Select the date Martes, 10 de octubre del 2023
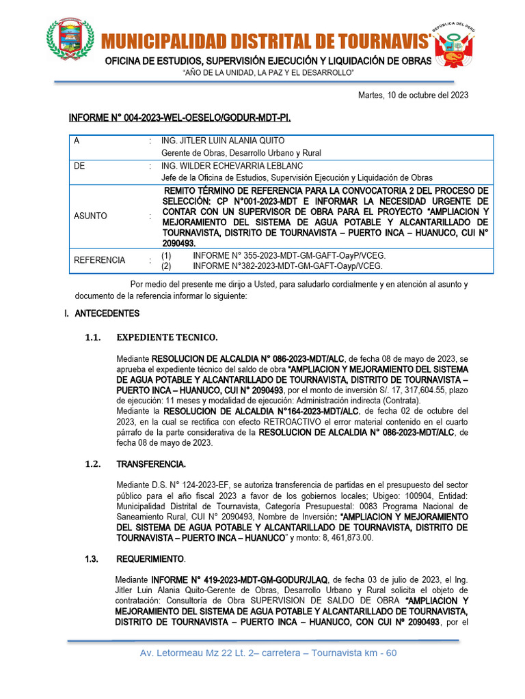coord(413,95)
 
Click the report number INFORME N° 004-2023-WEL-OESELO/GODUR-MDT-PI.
coord(180,119)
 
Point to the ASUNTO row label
coord(90,216)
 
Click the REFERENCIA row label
coord(99,260)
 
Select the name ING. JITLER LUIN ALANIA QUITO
coord(223,141)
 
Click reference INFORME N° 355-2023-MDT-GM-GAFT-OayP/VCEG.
coord(284,255)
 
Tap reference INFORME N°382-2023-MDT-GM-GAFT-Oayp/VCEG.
coord(287,266)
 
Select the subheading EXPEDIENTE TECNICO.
coord(167,337)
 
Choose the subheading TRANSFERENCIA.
coord(150,464)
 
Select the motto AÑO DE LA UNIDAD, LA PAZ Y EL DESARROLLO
coord(268,72)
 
